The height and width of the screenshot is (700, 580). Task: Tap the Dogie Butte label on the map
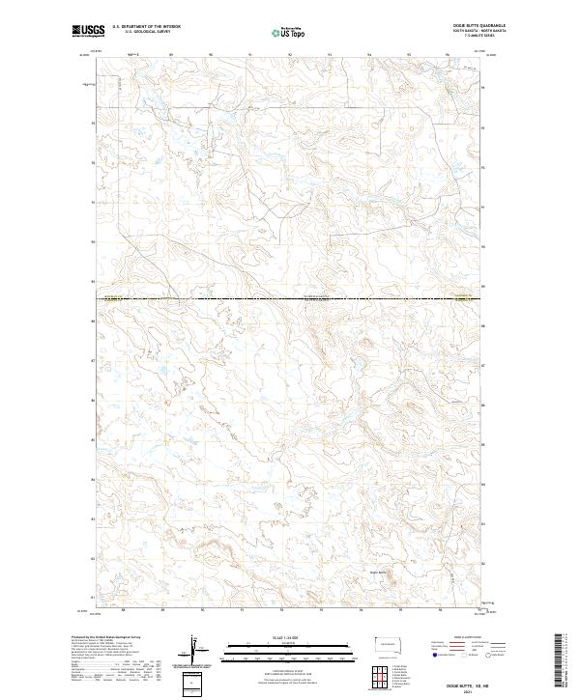click(x=376, y=574)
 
